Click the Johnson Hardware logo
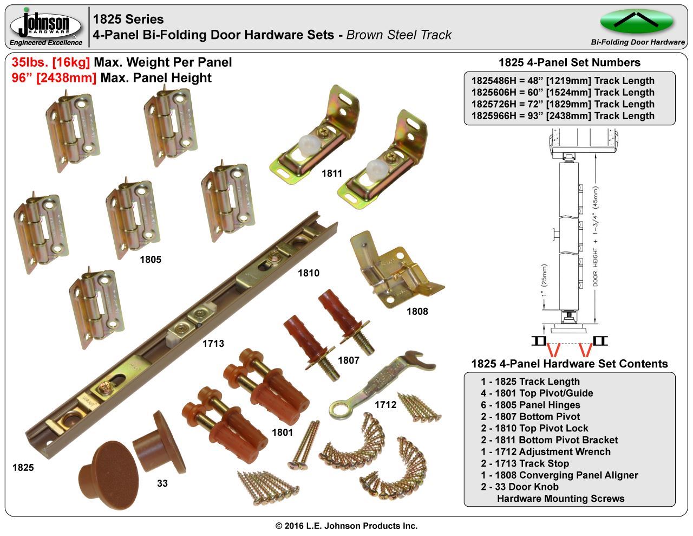(46, 26)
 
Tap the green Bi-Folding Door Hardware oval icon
(637, 21)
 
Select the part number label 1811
(331, 173)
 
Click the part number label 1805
(151, 260)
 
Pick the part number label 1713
(213, 344)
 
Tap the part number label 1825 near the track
(23, 468)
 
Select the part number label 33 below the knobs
(162, 483)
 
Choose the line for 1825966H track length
(563, 116)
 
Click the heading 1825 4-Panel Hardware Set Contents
(570, 364)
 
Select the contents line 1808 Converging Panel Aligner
(559, 475)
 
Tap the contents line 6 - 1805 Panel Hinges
(530, 405)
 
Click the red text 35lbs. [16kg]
(51, 62)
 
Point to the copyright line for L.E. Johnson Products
(346, 526)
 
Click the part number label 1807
(349, 360)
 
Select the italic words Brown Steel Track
(399, 35)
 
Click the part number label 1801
(282, 432)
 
